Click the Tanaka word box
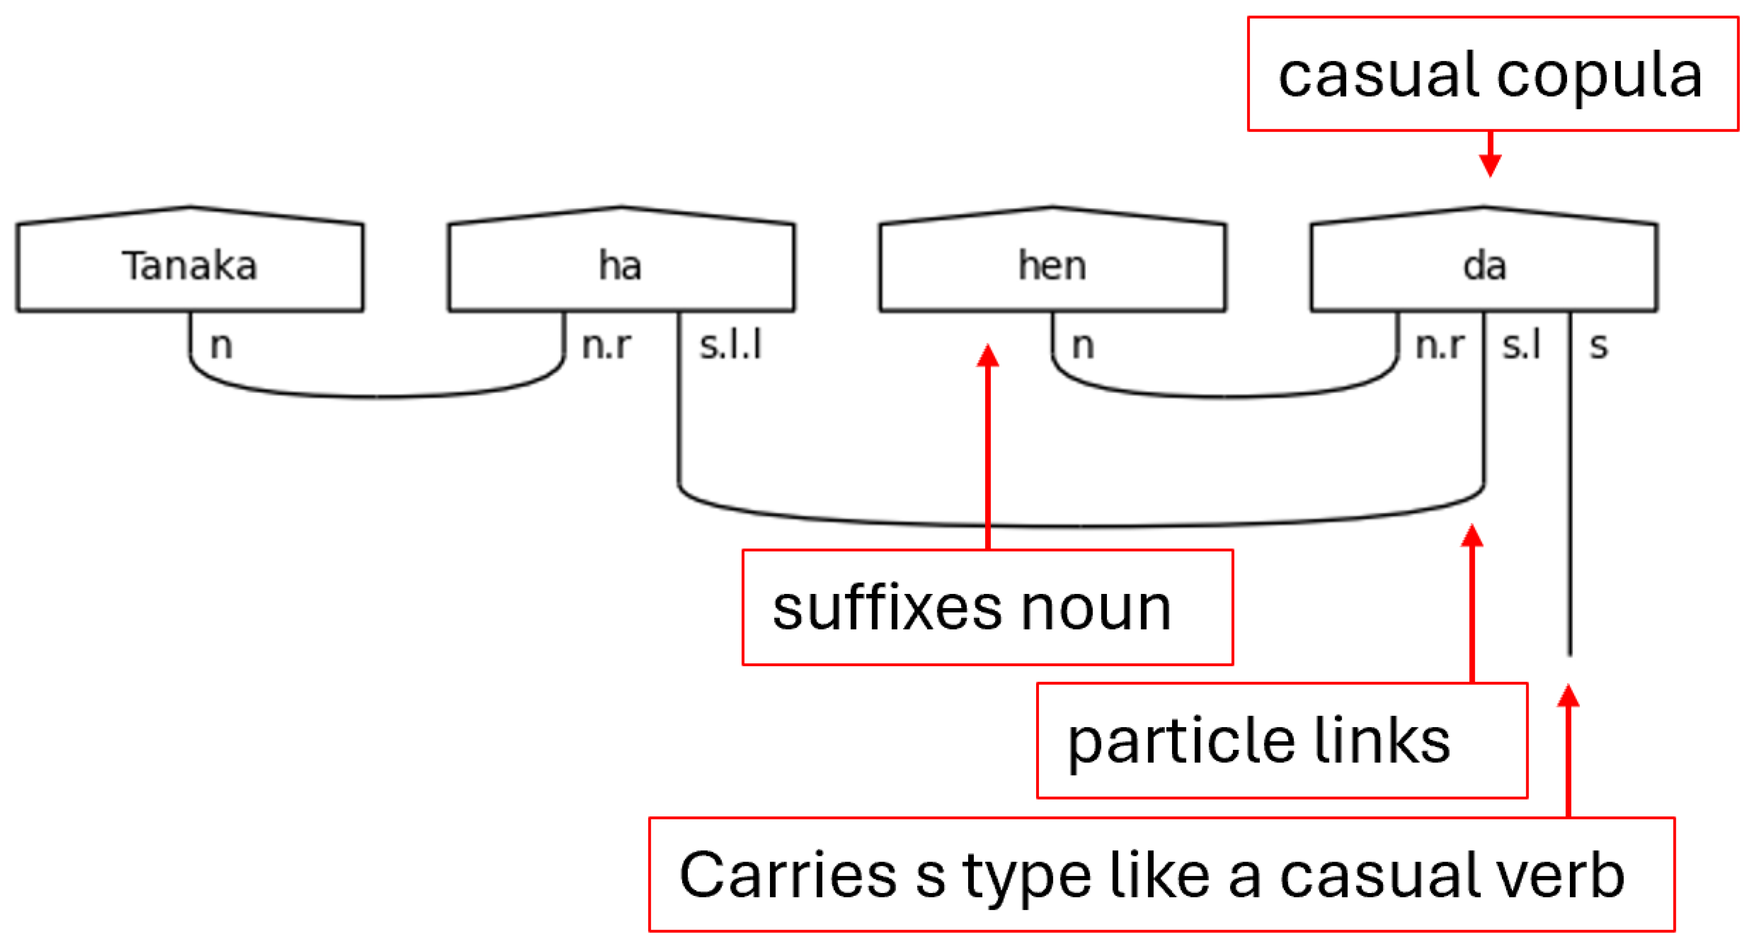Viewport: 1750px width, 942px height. [190, 265]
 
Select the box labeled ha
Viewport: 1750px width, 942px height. [621, 265]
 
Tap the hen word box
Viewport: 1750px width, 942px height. [1052, 265]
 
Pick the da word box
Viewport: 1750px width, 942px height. [1484, 265]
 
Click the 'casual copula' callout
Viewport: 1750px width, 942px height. [1492, 74]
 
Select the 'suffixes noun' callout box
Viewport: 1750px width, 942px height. [987, 607]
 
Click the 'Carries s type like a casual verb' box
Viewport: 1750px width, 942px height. [1162, 875]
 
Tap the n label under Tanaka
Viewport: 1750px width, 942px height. [221, 345]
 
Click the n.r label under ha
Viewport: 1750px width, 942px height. [606, 345]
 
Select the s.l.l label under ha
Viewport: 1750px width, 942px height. [731, 345]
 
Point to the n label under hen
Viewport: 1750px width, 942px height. [1083, 345]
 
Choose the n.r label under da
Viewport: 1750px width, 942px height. [1440, 345]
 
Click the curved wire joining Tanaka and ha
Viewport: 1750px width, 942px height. [377, 396]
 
